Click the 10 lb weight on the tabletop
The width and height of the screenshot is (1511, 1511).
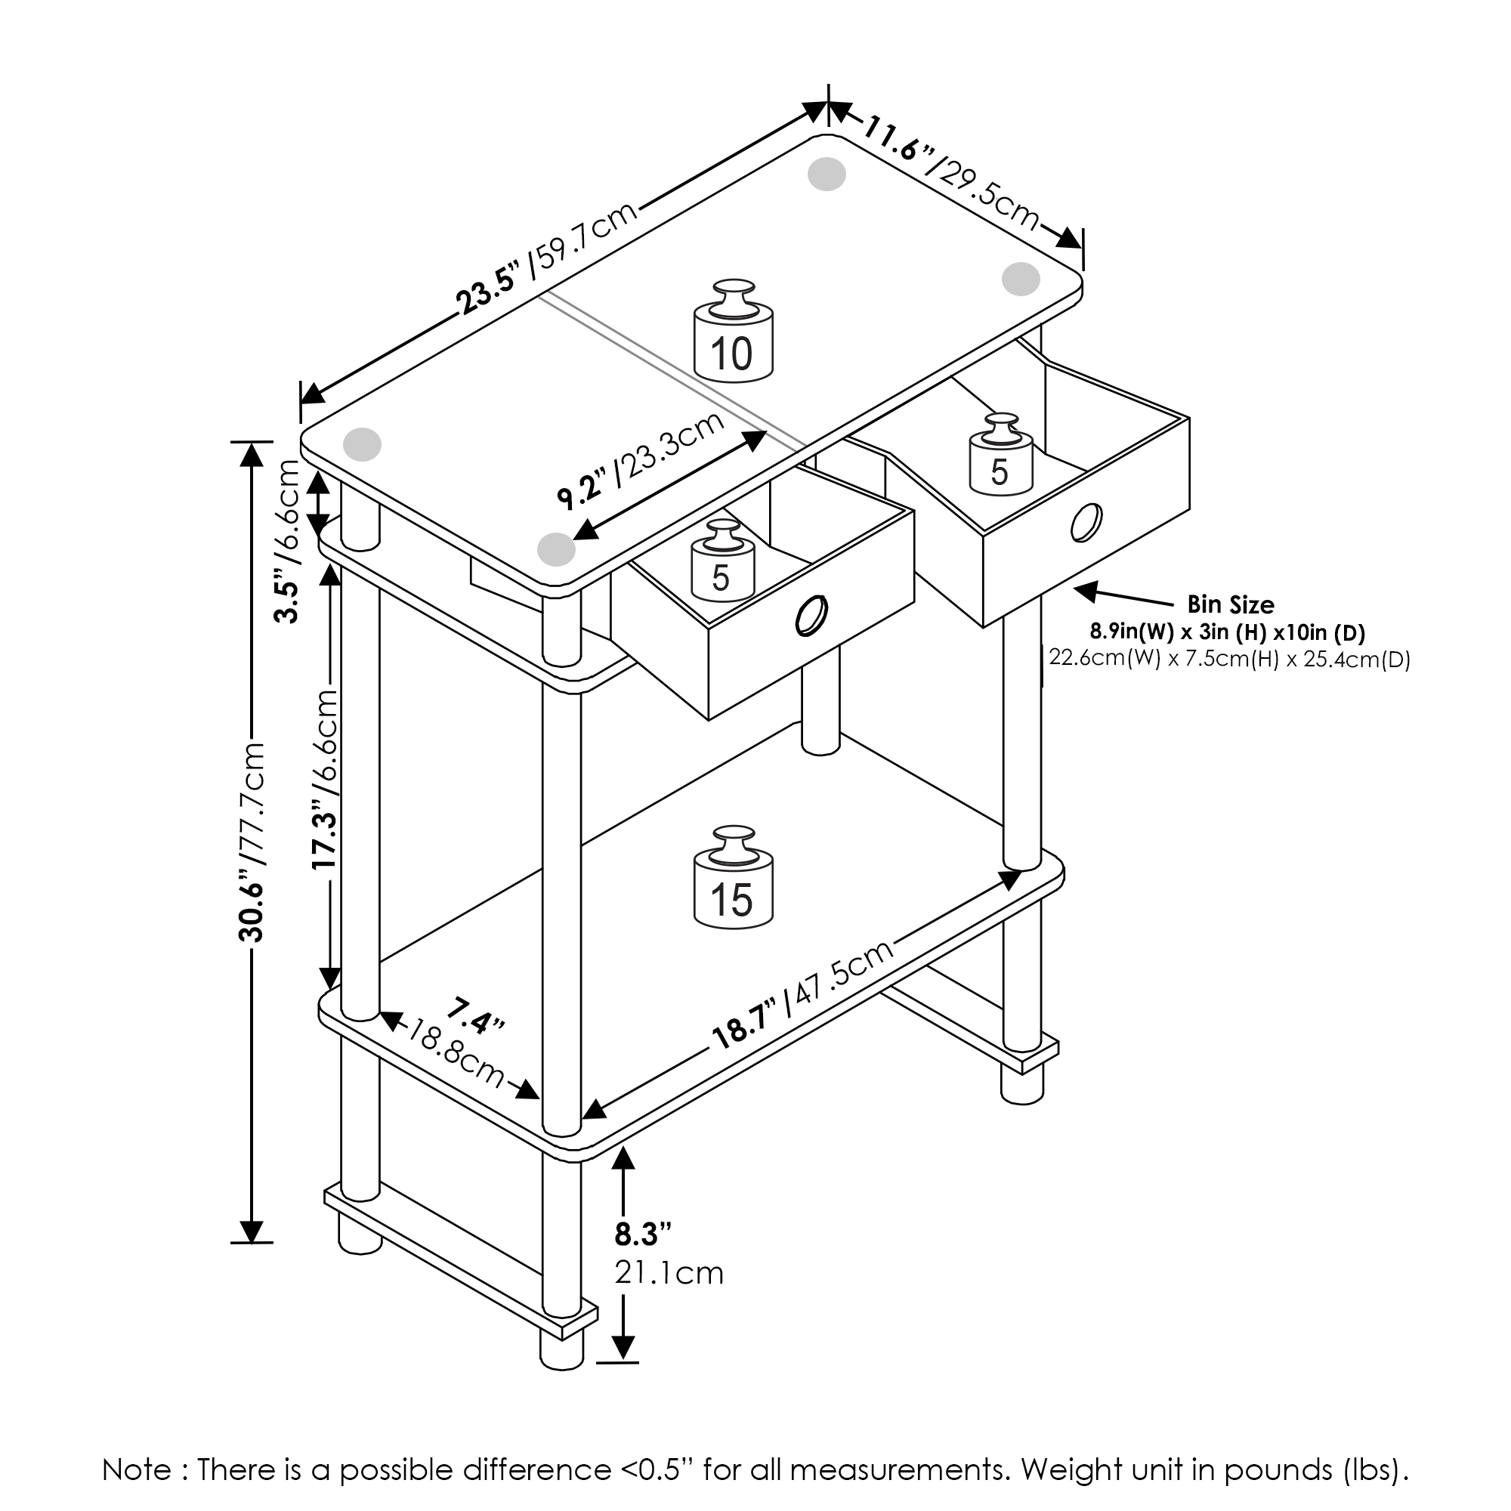733,332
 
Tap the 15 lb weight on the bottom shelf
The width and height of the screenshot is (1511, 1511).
733,879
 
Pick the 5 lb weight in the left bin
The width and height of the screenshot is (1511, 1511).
722,561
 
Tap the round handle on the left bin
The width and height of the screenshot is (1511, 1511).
810,617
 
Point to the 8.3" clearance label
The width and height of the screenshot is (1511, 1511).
643,1235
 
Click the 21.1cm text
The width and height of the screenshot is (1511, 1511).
669,1273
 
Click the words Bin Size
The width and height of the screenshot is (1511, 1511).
1230,604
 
